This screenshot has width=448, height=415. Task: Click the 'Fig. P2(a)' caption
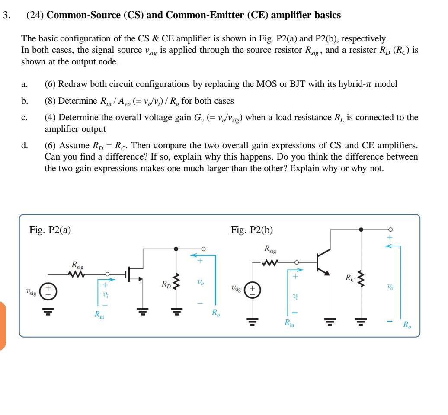click(50, 230)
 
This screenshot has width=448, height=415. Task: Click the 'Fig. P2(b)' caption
click(252, 230)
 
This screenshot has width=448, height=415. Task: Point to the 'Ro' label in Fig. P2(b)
click(407, 325)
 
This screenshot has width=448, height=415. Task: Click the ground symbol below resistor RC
click(362, 321)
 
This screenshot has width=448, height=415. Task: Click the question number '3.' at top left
click(6, 15)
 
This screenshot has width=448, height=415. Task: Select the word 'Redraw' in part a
click(70, 84)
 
